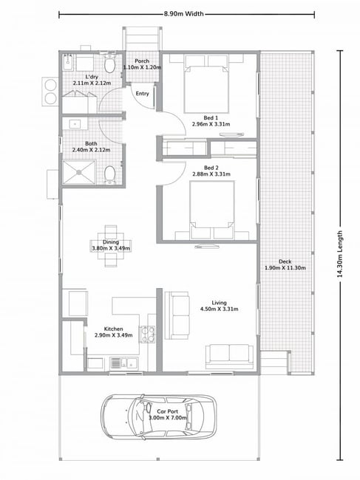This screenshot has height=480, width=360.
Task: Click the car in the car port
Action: click(158, 417)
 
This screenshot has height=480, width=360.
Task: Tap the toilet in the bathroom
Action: click(109, 175)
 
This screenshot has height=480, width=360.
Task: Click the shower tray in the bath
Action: click(79, 172)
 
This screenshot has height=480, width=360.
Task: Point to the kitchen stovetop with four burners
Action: click(147, 334)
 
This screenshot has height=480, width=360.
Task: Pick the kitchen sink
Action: click(123, 363)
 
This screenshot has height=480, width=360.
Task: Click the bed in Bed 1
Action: click(206, 84)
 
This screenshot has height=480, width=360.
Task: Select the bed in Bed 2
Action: click(212, 210)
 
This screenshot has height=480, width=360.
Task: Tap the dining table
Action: click(111, 246)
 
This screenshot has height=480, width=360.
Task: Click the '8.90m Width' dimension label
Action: click(183, 14)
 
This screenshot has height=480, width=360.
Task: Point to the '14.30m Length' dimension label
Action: click(339, 254)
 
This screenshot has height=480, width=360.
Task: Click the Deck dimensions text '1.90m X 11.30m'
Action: click(285, 268)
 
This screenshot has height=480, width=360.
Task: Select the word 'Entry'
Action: click(142, 94)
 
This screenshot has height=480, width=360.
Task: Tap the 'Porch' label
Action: click(142, 61)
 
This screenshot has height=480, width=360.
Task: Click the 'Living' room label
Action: click(219, 303)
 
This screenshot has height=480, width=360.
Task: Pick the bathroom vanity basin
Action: click(75, 124)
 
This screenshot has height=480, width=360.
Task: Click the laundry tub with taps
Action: click(68, 63)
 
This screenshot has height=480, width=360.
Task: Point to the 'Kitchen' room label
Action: click(113, 329)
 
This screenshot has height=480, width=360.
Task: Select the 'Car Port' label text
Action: click(167, 412)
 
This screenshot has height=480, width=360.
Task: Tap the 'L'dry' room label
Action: click(92, 77)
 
